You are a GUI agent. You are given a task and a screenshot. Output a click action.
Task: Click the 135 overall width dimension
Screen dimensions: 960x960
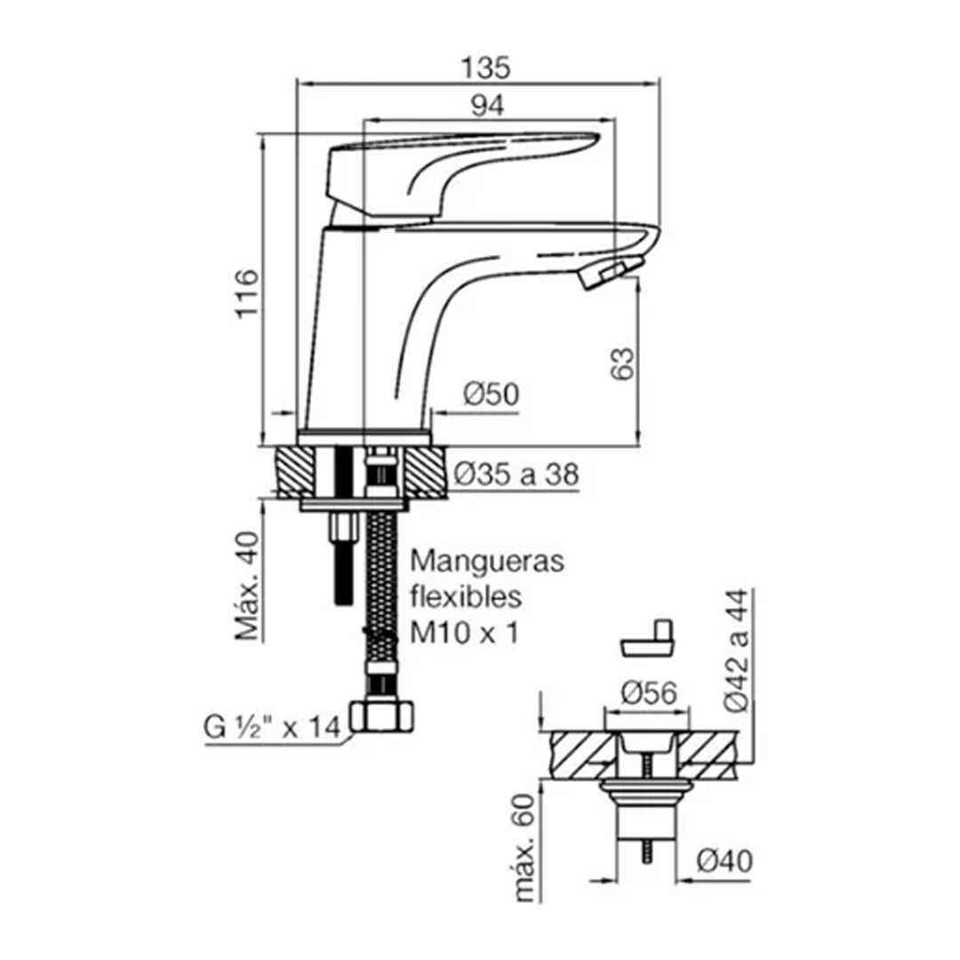coord(485,68)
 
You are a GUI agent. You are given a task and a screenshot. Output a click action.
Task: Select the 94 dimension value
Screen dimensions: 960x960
coord(487,106)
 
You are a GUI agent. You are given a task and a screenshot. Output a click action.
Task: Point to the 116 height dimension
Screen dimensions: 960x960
coord(248,293)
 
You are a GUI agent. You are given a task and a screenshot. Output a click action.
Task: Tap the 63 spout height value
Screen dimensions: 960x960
coord(622,364)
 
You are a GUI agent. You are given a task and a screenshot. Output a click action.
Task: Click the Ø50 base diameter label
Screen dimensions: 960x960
coord(491,394)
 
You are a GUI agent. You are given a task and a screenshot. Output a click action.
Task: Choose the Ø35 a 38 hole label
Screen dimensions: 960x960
coord(516,475)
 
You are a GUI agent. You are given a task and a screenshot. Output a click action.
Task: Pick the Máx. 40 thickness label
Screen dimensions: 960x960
coord(248,586)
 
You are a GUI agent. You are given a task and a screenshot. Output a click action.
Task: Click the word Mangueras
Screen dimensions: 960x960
coord(487,561)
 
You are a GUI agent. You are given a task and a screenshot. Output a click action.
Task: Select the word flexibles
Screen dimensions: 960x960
coord(466,596)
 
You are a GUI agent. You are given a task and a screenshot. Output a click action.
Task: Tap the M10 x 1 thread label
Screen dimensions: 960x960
coord(464,633)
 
